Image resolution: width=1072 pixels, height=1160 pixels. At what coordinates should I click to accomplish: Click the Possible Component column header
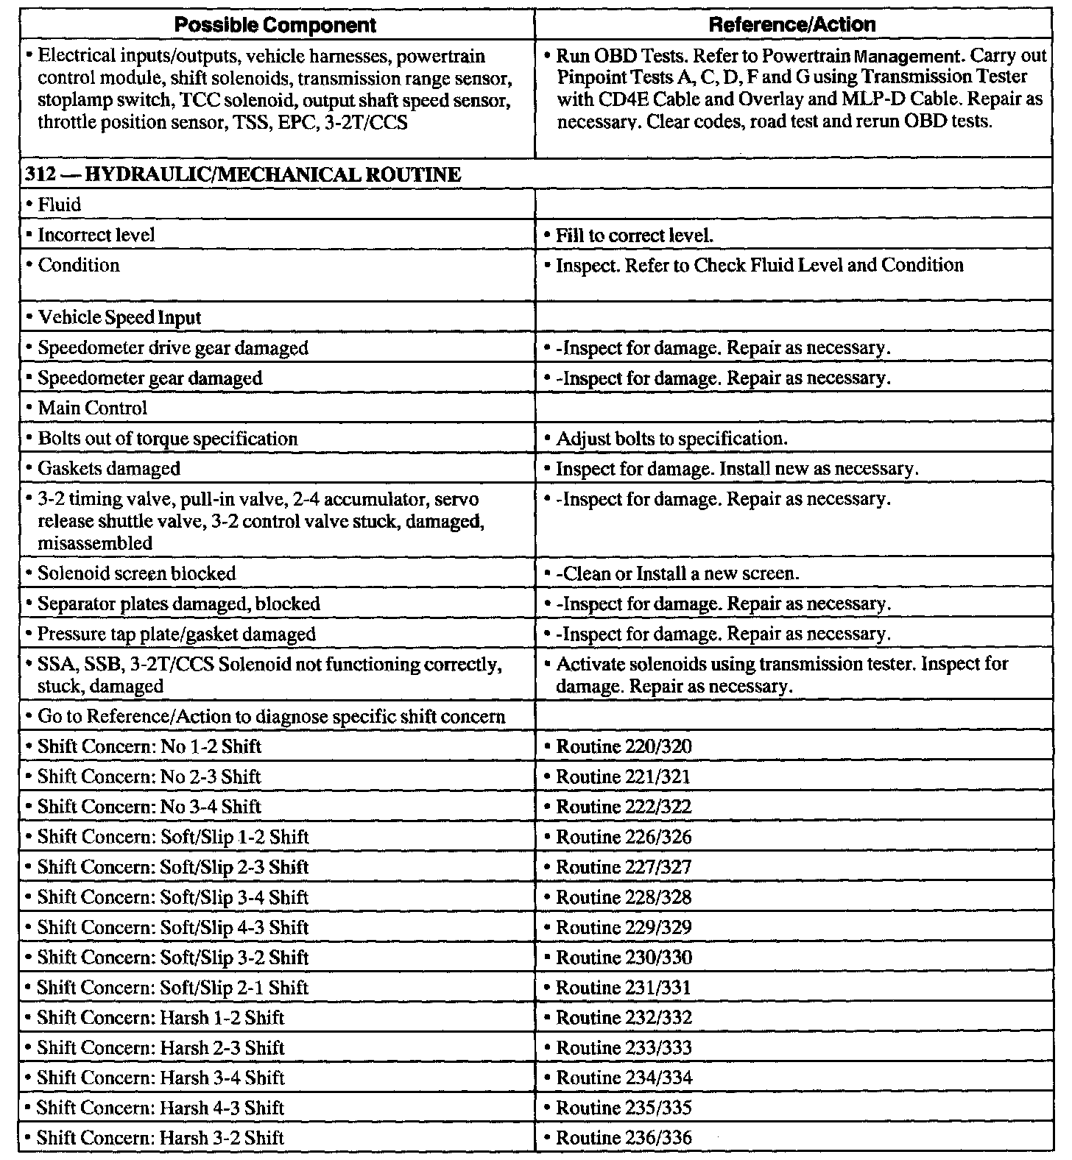pyautogui.click(x=275, y=25)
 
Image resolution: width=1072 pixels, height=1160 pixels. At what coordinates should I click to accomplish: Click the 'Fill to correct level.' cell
pyautogui.click(x=634, y=236)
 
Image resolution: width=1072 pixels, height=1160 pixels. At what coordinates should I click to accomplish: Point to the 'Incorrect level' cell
pyautogui.click(x=96, y=236)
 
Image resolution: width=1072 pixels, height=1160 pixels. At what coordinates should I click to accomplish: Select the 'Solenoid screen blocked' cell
pyautogui.click(x=136, y=574)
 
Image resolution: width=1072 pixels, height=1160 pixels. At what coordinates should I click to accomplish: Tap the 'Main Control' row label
pyautogui.click(x=92, y=409)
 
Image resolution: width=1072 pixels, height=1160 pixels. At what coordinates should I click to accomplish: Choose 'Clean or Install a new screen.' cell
pyautogui.click(x=676, y=574)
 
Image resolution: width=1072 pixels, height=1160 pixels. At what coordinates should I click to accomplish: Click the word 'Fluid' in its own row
pyautogui.click(x=59, y=205)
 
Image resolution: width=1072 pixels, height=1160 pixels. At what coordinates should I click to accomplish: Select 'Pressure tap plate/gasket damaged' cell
pyautogui.click(x=176, y=634)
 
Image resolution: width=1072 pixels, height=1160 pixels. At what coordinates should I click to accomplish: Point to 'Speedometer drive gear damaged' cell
pyautogui.click(x=172, y=348)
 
